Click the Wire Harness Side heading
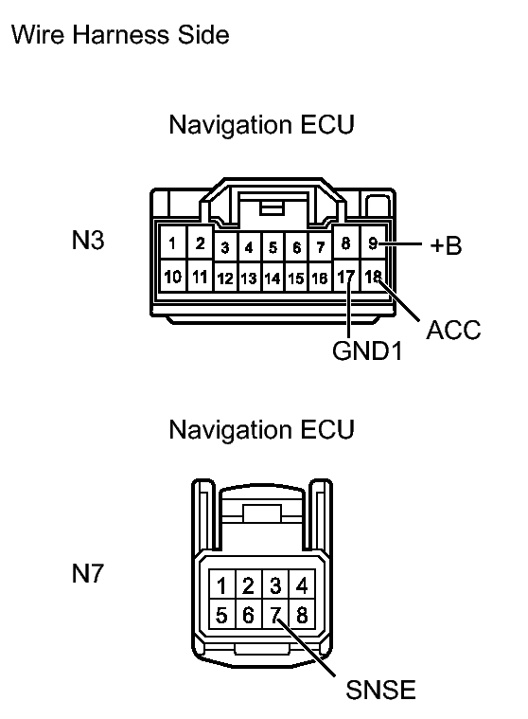pyautogui.click(x=119, y=35)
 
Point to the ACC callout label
pyautogui.click(x=454, y=330)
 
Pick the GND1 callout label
pyautogui.click(x=368, y=351)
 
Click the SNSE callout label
pyautogui.click(x=380, y=690)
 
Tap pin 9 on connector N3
pyautogui.click(x=374, y=243)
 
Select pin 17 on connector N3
pyautogui.click(x=346, y=277)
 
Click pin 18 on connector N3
pyautogui.click(x=374, y=277)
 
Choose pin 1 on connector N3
pyautogui.click(x=173, y=243)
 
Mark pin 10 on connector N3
pyautogui.click(x=173, y=277)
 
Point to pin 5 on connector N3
pyautogui.click(x=273, y=248)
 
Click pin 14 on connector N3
pyautogui.click(x=273, y=279)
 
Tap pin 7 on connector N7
pyautogui.click(x=275, y=615)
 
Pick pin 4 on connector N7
pyautogui.click(x=301, y=584)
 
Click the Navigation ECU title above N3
pyautogui.click(x=261, y=125)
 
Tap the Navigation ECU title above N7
pyautogui.click(x=261, y=429)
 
